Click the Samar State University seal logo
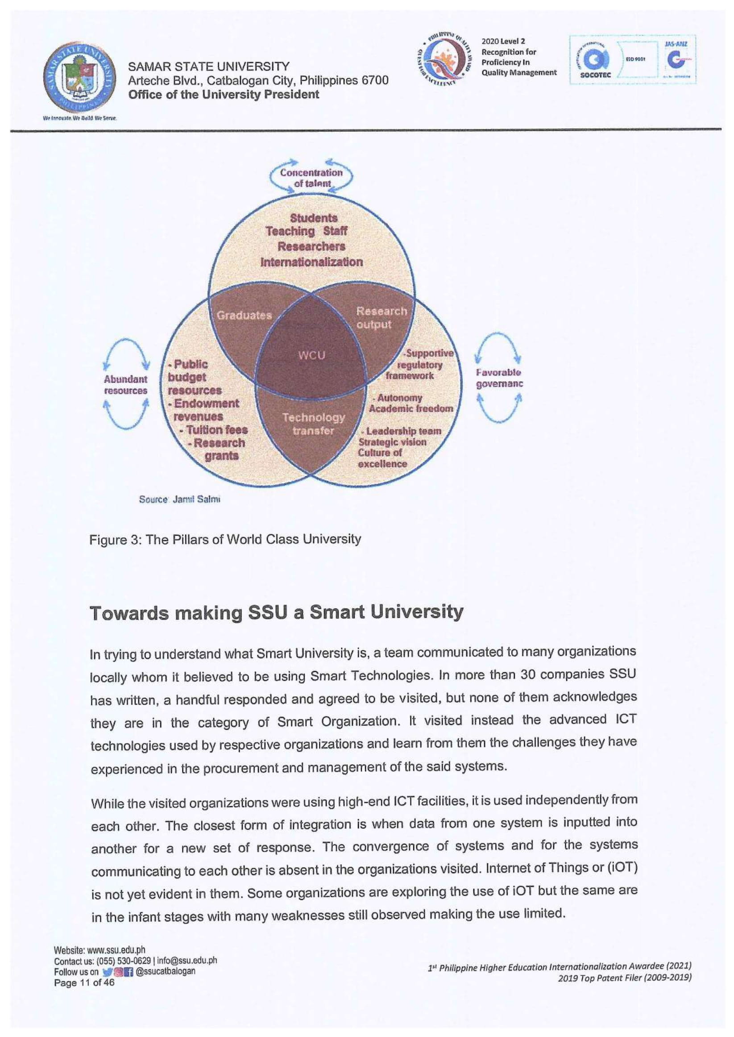click(79, 78)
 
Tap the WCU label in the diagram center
click(311, 355)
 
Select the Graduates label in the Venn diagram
click(244, 316)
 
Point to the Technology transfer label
click(313, 424)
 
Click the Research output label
click(381, 318)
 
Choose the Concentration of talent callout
click(311, 178)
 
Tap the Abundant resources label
click(126, 385)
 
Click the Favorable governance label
click(498, 379)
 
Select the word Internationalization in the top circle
click(311, 262)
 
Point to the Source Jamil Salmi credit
click(179, 500)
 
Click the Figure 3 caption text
click(225, 539)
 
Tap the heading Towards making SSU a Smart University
click(277, 613)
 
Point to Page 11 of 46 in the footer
click(84, 983)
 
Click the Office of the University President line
click(224, 95)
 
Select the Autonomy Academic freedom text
click(410, 403)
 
